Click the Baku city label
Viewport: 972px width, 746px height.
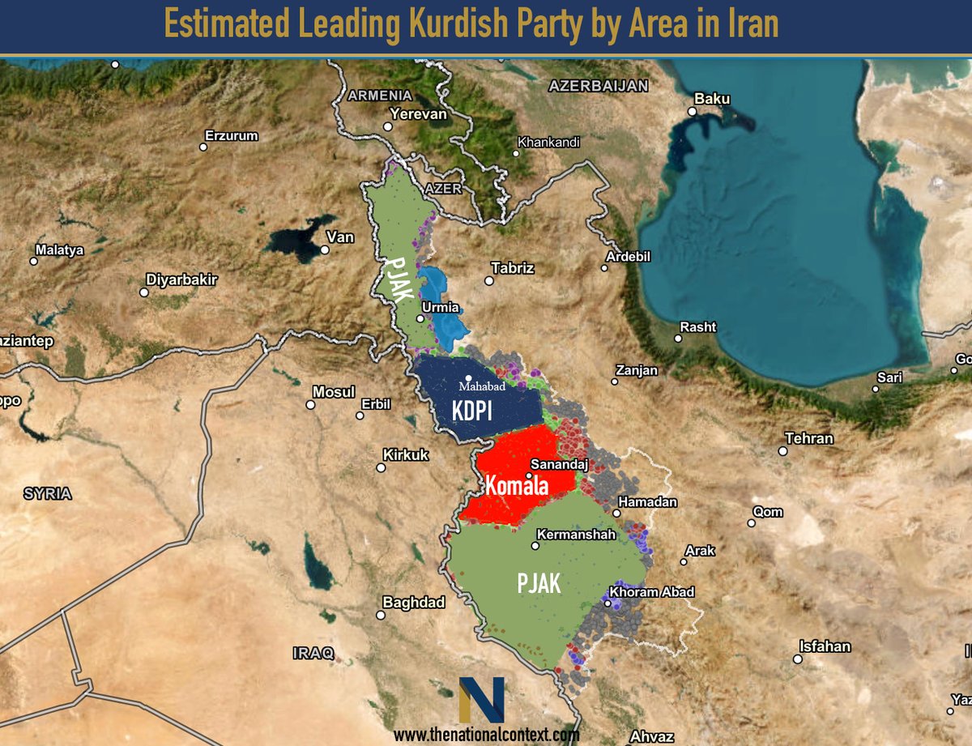(712, 99)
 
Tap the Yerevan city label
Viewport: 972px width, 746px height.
(418, 114)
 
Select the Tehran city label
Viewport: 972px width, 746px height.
(808, 438)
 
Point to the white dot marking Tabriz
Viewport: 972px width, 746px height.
(489, 281)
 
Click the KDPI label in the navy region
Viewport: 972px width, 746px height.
(473, 411)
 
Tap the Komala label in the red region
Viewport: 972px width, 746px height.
(517, 486)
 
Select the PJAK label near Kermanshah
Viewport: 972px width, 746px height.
(539, 582)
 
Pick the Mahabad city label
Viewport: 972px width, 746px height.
(482, 386)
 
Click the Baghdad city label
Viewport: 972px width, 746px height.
(413, 602)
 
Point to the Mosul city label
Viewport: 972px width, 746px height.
(334, 392)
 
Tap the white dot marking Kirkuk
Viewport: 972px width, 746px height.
(381, 467)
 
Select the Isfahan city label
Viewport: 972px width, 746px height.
(825, 646)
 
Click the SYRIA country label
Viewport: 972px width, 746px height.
(47, 493)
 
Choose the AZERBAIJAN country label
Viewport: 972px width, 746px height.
(599, 85)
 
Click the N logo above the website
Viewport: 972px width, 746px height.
(481, 700)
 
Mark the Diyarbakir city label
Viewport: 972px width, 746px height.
(181, 279)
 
